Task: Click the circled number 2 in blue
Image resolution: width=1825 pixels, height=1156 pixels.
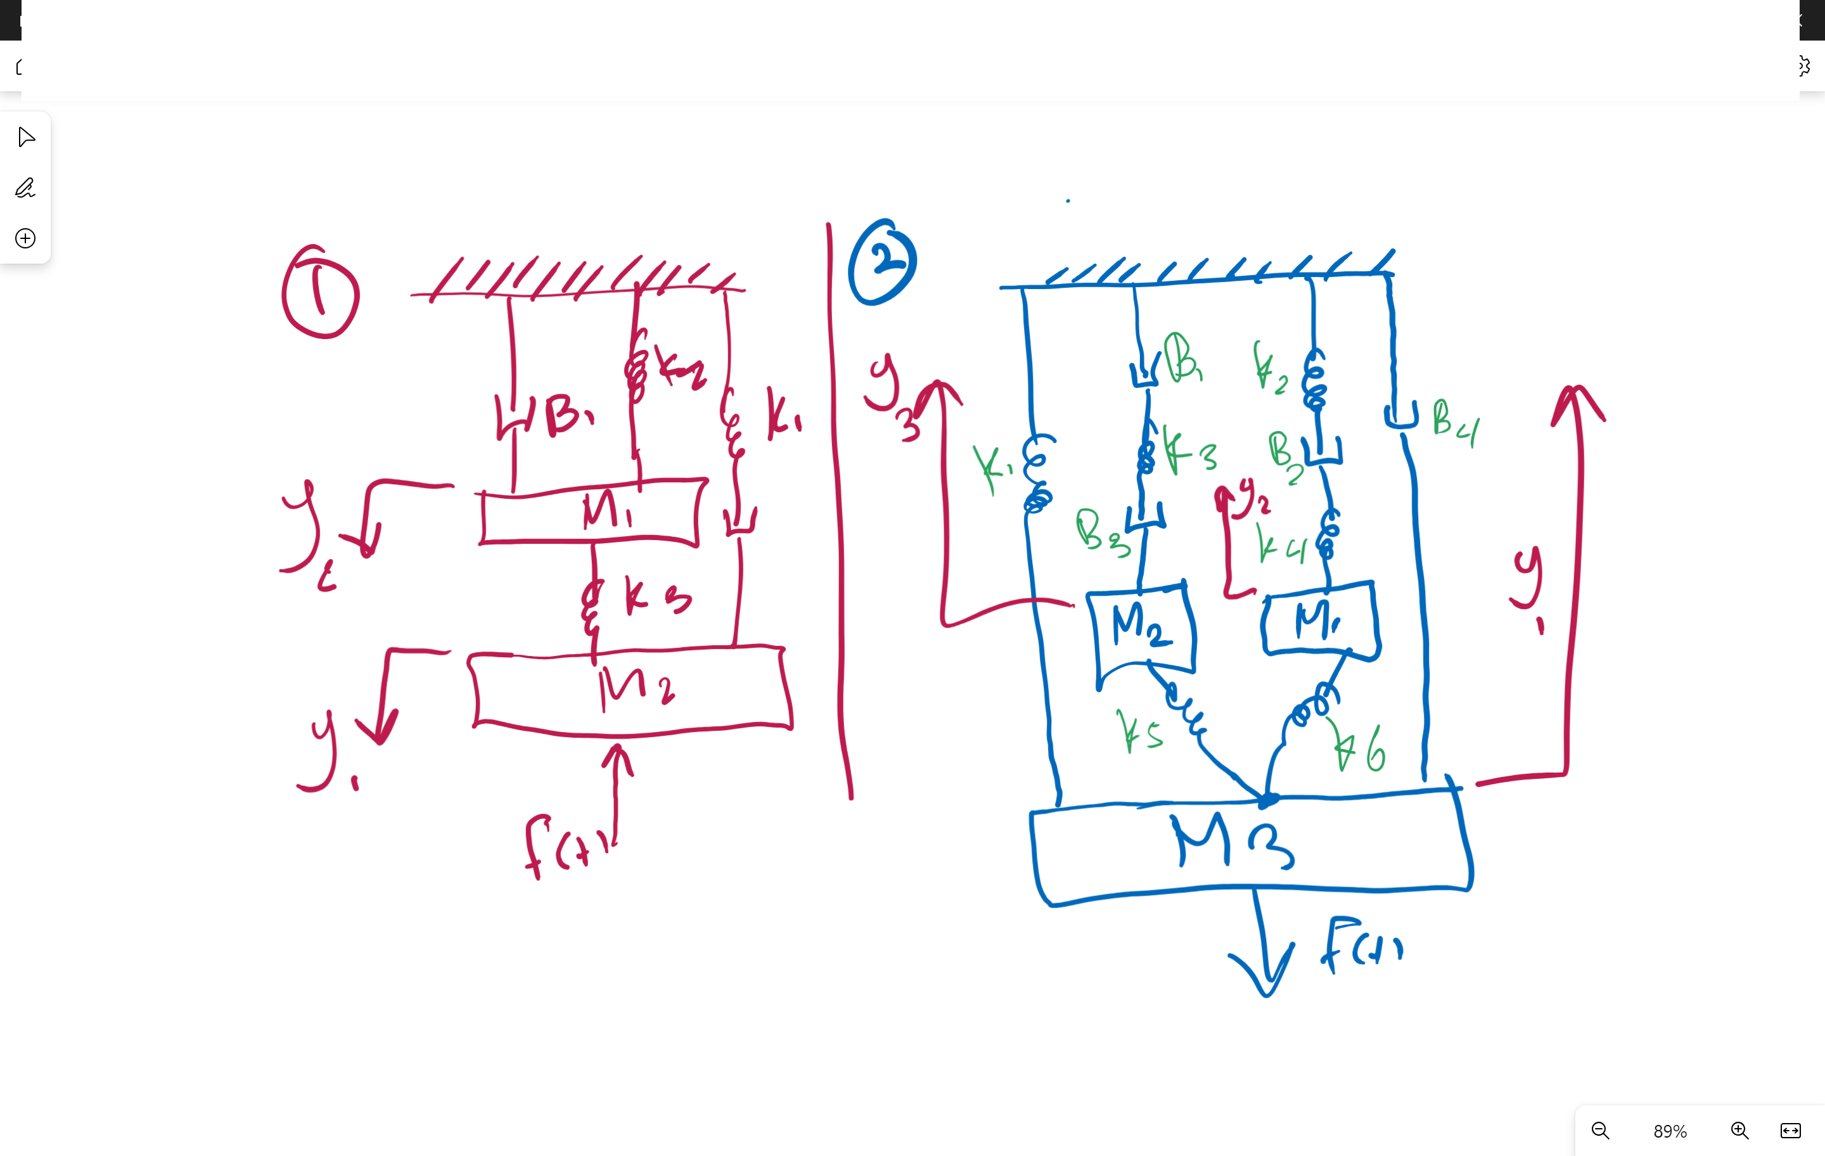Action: point(882,262)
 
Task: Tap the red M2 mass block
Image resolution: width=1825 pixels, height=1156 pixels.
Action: point(631,690)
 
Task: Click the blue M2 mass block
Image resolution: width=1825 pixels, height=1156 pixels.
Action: point(1142,627)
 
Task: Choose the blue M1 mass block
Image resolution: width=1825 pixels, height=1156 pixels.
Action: point(1319,620)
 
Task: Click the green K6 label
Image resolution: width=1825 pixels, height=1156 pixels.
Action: point(1361,749)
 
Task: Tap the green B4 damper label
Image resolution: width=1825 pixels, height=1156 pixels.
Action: point(1454,423)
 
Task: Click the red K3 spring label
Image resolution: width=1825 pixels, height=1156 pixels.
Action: point(656,596)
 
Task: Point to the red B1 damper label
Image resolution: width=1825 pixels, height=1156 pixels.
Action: point(568,415)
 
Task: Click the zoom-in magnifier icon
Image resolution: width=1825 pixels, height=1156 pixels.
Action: point(1739,1130)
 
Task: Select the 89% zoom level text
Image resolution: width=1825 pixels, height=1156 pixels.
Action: point(1670,1131)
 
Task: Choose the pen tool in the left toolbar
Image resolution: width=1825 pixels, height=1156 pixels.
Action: point(25,187)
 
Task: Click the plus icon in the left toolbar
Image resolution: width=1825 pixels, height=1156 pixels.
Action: point(25,238)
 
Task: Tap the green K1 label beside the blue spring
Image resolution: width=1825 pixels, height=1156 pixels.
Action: point(991,466)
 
